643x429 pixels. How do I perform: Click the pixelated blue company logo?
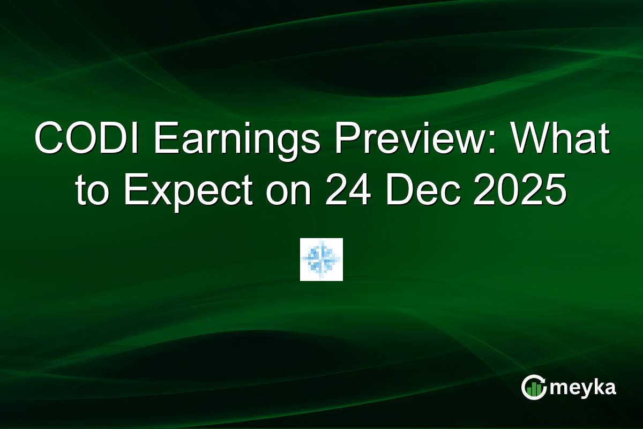pos(322,260)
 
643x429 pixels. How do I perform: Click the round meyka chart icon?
pos(534,388)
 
